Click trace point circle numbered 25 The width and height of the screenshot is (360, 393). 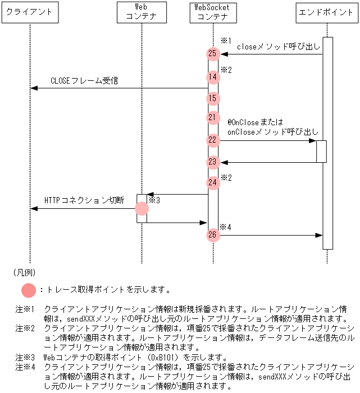(212, 54)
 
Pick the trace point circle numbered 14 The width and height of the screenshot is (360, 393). (212, 77)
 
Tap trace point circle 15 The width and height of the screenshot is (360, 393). (212, 98)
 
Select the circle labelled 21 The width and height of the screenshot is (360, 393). (212, 117)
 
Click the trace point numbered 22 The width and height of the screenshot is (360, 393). (212, 140)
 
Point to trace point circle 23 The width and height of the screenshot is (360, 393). (212, 162)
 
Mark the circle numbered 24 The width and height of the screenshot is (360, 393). (212, 182)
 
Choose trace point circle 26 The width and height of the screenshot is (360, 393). (212, 235)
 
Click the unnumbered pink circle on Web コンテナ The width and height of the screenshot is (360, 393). (142, 208)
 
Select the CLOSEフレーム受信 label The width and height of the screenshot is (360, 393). (84, 81)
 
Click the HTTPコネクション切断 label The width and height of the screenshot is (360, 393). (84, 200)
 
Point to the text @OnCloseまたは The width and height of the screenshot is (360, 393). (254, 121)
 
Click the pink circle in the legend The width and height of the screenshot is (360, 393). (28, 290)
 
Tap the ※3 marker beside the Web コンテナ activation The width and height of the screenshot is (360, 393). (155, 200)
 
